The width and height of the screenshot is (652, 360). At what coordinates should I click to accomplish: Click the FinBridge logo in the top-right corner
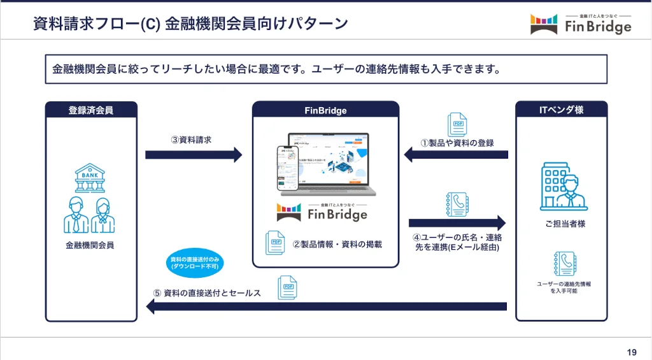581,24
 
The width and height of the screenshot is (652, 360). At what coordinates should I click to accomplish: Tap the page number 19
632,352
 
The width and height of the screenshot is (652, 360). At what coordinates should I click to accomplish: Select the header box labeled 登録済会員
91,110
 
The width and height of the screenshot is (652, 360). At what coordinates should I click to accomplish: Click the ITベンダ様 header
561,110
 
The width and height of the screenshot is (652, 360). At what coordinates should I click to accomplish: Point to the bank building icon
90,178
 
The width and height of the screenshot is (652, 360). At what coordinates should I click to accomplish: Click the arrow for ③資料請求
194,155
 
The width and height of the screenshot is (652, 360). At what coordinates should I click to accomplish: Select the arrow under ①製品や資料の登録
457,155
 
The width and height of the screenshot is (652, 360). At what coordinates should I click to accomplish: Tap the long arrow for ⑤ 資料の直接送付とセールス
326,307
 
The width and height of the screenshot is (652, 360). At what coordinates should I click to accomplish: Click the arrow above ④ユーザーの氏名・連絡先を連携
457,223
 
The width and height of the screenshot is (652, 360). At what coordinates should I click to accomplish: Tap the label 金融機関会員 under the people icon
90,244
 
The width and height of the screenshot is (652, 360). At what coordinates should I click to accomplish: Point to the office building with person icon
563,186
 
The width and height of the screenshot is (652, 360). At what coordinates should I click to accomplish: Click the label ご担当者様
561,224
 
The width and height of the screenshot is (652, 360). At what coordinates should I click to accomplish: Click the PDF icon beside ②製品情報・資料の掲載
275,243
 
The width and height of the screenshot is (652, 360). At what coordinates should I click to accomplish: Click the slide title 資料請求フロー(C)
190,24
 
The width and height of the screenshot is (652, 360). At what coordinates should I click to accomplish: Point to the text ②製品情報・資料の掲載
337,244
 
